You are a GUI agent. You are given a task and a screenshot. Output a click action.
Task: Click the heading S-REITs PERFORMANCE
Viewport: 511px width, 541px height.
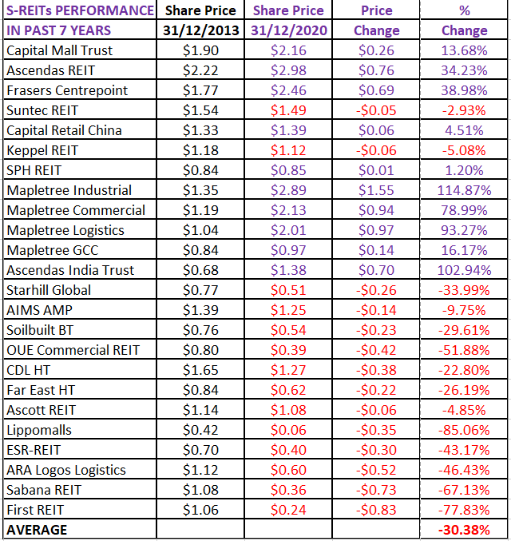click(80, 10)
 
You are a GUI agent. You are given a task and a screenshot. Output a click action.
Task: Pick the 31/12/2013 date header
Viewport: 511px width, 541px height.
click(200, 30)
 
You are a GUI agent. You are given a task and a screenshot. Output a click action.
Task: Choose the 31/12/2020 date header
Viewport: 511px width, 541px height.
click(288, 30)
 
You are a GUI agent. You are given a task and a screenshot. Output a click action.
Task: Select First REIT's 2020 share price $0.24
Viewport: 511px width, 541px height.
click(288, 510)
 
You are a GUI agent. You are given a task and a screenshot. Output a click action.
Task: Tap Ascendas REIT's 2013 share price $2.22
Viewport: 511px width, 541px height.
click(200, 70)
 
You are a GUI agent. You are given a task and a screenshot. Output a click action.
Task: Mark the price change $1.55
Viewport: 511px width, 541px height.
click(376, 190)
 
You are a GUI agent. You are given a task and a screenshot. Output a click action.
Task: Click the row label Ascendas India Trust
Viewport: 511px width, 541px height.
click(70, 270)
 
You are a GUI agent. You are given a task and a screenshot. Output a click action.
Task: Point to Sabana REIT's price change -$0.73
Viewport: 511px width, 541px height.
click(376, 490)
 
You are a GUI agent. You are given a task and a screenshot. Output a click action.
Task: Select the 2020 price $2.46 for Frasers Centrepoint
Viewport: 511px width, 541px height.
click(288, 90)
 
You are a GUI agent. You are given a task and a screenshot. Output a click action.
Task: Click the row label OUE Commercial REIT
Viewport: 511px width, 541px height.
click(73, 350)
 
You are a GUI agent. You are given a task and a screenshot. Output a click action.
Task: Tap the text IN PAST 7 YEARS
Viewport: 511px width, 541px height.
click(59, 30)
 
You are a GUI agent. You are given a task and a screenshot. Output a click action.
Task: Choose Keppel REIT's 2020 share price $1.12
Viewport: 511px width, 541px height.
click(288, 150)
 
